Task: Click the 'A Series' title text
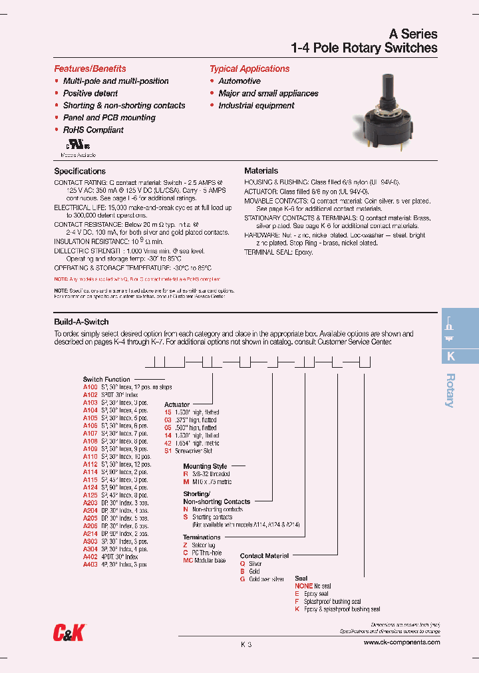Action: click(x=412, y=34)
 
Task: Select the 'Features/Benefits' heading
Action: click(x=90, y=68)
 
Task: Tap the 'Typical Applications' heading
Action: click(x=249, y=68)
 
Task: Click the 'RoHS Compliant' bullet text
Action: click(x=93, y=130)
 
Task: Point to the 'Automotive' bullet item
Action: click(x=239, y=81)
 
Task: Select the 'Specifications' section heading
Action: click(x=80, y=171)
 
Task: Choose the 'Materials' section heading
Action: click(x=261, y=171)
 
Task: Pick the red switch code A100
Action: click(x=90, y=386)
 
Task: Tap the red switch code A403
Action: click(x=90, y=564)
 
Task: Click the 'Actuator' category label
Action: click(x=177, y=404)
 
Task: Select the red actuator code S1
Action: click(x=168, y=450)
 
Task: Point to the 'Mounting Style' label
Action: click(x=205, y=467)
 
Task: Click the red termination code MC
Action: click(x=188, y=561)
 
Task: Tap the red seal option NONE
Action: click(x=304, y=586)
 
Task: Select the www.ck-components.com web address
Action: click(x=402, y=642)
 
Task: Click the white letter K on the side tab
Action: click(x=450, y=356)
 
